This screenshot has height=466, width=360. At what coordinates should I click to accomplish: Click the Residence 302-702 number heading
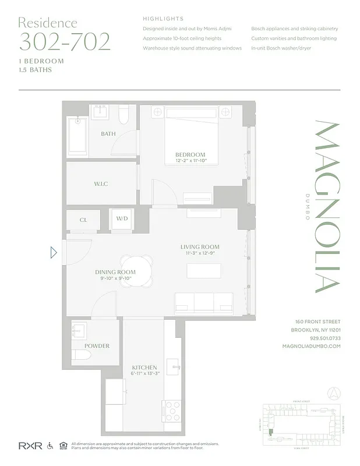point(64,41)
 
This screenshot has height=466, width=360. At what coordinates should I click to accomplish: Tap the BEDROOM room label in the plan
point(190,154)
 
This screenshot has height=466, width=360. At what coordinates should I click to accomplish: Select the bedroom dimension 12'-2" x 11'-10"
point(190,161)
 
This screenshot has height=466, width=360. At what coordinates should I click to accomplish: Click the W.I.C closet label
point(101,184)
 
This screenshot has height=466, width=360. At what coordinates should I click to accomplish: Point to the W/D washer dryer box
point(122,220)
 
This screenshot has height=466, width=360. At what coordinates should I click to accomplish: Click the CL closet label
point(83,220)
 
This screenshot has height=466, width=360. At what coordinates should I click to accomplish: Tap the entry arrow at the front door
point(54,253)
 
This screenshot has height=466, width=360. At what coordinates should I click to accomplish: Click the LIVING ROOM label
point(199,247)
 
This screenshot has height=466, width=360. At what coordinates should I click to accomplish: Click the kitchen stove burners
point(172,411)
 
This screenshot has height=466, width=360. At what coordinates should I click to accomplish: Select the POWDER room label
point(97,346)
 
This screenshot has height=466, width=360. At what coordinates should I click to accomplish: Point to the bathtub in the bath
point(77,137)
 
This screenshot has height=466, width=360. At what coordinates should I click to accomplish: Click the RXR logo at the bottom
point(29,446)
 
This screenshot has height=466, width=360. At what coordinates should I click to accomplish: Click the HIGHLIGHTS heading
point(163,19)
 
